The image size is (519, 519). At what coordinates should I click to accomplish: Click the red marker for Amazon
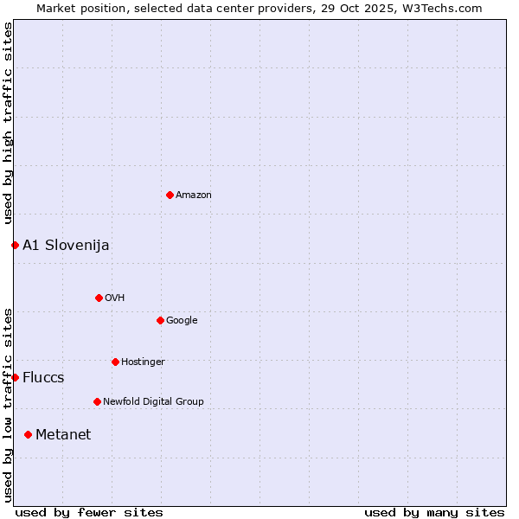click(170, 195)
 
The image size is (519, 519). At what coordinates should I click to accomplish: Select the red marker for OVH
click(99, 298)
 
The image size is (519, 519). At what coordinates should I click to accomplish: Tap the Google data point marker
click(160, 320)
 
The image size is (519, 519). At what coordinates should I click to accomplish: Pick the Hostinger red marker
click(115, 362)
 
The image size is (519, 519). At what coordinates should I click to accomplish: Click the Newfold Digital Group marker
click(97, 401)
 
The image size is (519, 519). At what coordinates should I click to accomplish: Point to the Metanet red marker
click(28, 434)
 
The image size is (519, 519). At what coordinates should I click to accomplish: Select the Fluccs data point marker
click(15, 377)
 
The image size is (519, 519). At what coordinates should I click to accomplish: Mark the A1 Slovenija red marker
click(15, 245)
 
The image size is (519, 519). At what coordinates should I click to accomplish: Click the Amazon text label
click(194, 195)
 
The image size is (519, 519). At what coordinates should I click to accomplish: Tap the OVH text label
click(115, 298)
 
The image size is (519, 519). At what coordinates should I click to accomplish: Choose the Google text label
click(182, 321)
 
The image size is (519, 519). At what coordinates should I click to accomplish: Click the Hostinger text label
click(143, 362)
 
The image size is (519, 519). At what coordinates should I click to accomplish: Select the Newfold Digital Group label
click(153, 402)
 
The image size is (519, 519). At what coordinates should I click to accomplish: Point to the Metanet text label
click(63, 435)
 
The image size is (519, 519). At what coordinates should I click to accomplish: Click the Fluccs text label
click(43, 378)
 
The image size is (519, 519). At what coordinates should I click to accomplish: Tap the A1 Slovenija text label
click(66, 246)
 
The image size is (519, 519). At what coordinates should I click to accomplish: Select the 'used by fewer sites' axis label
click(89, 512)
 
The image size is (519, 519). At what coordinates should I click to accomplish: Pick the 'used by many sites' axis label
click(434, 512)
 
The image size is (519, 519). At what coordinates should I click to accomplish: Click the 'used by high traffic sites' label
click(8, 124)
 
